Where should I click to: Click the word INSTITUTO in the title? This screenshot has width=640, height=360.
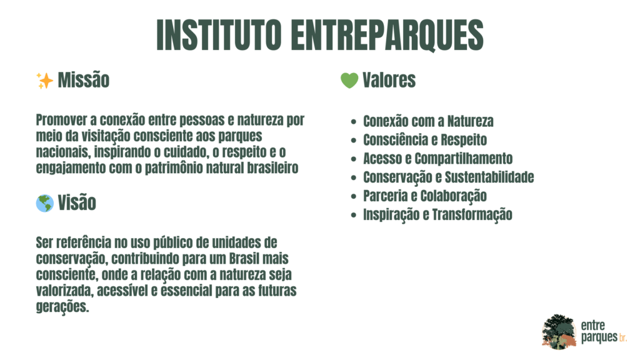click(x=219, y=35)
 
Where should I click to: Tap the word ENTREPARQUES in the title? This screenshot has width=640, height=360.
click(x=387, y=35)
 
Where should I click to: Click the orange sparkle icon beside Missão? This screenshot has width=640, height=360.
click(x=44, y=81)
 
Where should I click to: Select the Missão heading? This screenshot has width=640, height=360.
click(x=84, y=80)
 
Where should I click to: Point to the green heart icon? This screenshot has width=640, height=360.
click(x=349, y=81)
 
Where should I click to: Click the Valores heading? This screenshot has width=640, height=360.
click(x=389, y=80)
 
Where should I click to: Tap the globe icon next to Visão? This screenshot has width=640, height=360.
click(x=45, y=203)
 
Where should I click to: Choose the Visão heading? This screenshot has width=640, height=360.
click(x=77, y=203)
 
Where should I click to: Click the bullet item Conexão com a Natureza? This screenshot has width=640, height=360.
click(x=428, y=121)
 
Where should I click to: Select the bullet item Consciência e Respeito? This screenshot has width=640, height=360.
click(x=425, y=140)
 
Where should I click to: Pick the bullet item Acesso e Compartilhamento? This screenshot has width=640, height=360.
click(x=438, y=159)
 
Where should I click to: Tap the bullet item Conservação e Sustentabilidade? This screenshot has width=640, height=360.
click(x=449, y=177)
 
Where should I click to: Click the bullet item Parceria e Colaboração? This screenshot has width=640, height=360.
click(x=425, y=196)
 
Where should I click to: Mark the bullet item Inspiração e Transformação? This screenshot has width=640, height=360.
click(x=437, y=215)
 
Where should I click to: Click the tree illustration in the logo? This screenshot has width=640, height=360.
click(x=559, y=332)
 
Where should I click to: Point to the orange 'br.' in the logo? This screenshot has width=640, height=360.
click(x=623, y=338)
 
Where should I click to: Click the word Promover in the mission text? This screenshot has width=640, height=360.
click(x=62, y=120)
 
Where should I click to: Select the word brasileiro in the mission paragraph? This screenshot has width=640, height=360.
click(x=272, y=168)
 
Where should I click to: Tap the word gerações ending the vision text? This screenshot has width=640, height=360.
click(x=62, y=307)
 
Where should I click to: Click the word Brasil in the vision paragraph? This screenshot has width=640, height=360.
click(x=244, y=259)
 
